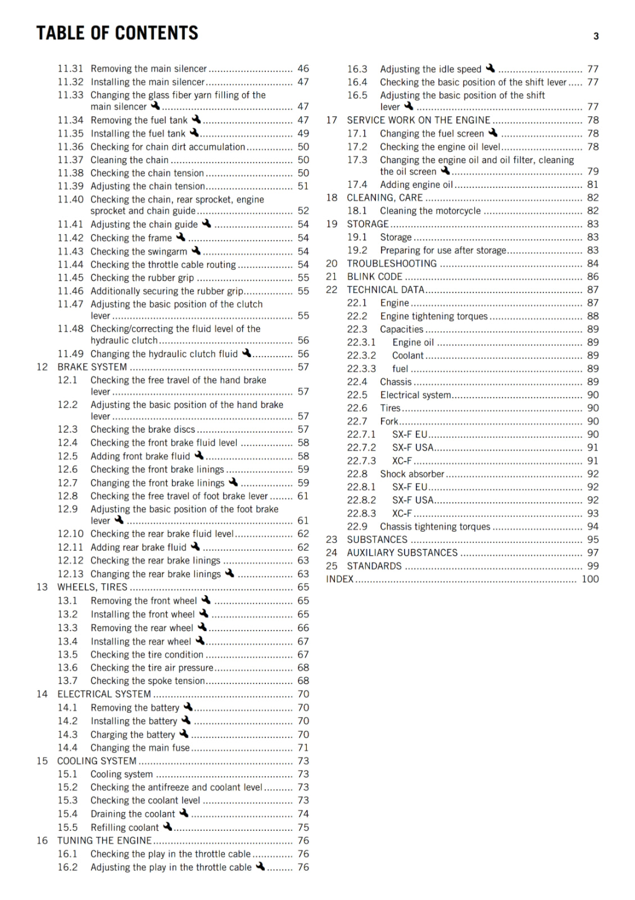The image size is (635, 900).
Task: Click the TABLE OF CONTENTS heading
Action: [x=117, y=33]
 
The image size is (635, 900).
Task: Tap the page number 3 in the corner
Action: [x=596, y=37]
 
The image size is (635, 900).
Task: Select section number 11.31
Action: [x=70, y=69]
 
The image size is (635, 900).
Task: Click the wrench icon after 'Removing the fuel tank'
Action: [x=196, y=119]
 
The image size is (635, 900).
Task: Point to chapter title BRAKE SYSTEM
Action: [x=92, y=367]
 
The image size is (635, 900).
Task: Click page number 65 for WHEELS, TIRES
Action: [x=303, y=587]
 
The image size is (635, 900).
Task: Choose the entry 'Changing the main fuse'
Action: [x=140, y=748]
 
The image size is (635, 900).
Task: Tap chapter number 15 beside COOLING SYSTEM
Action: [x=42, y=761]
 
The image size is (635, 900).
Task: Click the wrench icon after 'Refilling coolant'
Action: [x=167, y=827]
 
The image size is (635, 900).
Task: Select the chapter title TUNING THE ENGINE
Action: [x=105, y=840]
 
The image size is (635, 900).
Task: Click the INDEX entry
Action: [x=340, y=579]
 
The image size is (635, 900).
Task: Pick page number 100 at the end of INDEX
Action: [x=590, y=579]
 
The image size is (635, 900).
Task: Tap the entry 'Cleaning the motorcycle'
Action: [x=430, y=211]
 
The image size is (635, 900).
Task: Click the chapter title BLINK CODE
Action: [x=375, y=277]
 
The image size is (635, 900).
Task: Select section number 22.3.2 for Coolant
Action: [x=361, y=355]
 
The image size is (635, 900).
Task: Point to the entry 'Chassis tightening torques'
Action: [x=435, y=527]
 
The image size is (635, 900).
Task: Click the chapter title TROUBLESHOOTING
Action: [x=392, y=264]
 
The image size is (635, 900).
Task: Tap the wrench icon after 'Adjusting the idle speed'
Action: [x=491, y=69]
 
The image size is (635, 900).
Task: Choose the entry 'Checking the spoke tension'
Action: [x=148, y=681]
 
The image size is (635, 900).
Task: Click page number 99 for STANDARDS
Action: [x=593, y=566]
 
